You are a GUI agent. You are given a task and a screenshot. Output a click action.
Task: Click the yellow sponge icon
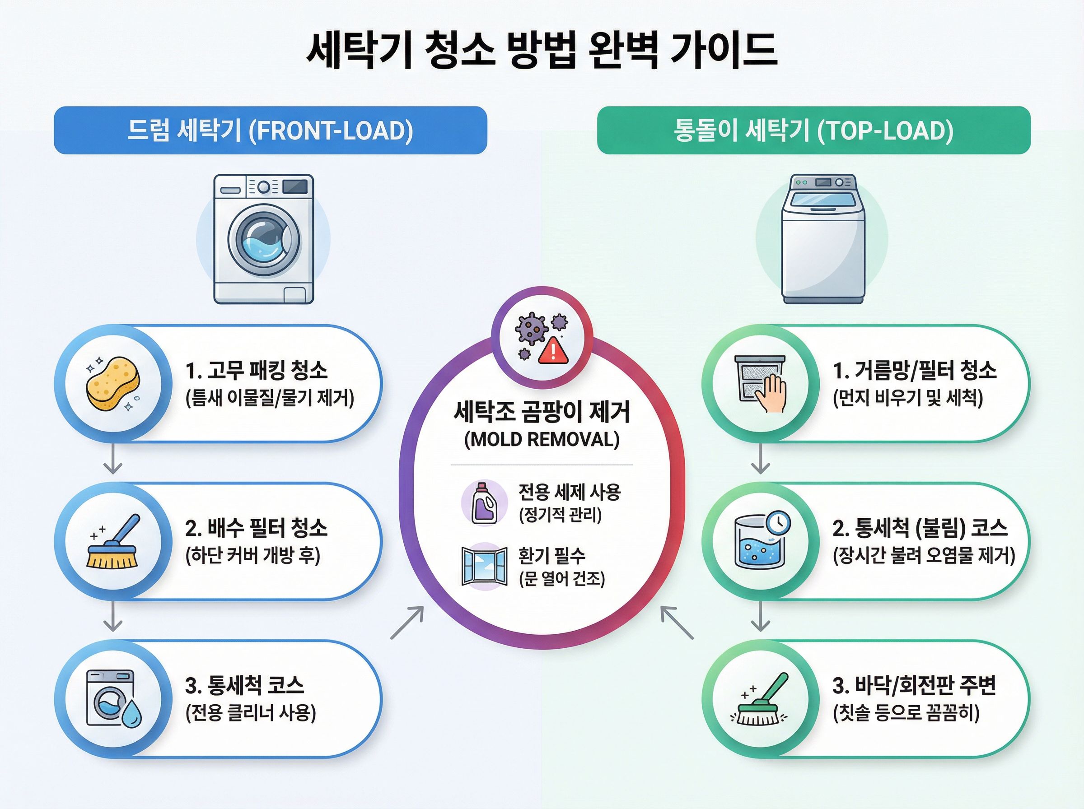(112, 383)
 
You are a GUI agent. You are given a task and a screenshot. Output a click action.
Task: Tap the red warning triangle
(553, 351)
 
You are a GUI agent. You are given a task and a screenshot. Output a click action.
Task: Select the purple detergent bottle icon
(484, 503)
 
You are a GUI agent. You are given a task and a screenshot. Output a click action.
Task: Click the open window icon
(484, 566)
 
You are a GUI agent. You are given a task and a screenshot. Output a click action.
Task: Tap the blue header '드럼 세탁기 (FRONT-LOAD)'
(271, 130)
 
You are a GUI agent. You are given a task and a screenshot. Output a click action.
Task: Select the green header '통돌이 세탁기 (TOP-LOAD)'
(813, 130)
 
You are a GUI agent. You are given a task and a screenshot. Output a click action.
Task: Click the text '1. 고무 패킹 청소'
(256, 370)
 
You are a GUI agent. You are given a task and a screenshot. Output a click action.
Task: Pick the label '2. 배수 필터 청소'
(256, 528)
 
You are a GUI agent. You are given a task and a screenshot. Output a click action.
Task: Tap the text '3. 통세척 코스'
(244, 685)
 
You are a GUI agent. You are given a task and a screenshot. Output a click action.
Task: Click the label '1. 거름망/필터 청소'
(915, 370)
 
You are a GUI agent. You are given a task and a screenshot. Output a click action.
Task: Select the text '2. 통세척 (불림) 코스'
(920, 528)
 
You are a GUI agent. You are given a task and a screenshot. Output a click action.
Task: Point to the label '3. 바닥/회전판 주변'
(914, 685)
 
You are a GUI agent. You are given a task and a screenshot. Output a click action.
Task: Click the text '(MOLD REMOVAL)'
(542, 439)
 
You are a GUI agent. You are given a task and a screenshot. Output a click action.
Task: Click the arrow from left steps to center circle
(407, 623)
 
